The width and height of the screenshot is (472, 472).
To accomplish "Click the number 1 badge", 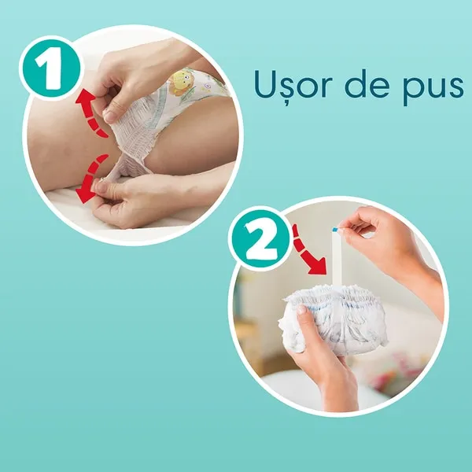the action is tap(50, 68).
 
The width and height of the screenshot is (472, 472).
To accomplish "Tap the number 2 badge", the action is tap(260, 238).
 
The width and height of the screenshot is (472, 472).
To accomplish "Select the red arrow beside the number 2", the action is tap(308, 250).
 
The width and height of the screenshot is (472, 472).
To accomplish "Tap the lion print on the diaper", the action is tap(181, 81).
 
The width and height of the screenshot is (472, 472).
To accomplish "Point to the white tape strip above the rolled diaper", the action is tap(336, 258).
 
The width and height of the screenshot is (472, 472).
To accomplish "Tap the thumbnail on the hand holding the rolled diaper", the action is tap(301, 309).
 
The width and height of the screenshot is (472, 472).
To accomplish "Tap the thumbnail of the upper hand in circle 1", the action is tap(110, 116).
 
